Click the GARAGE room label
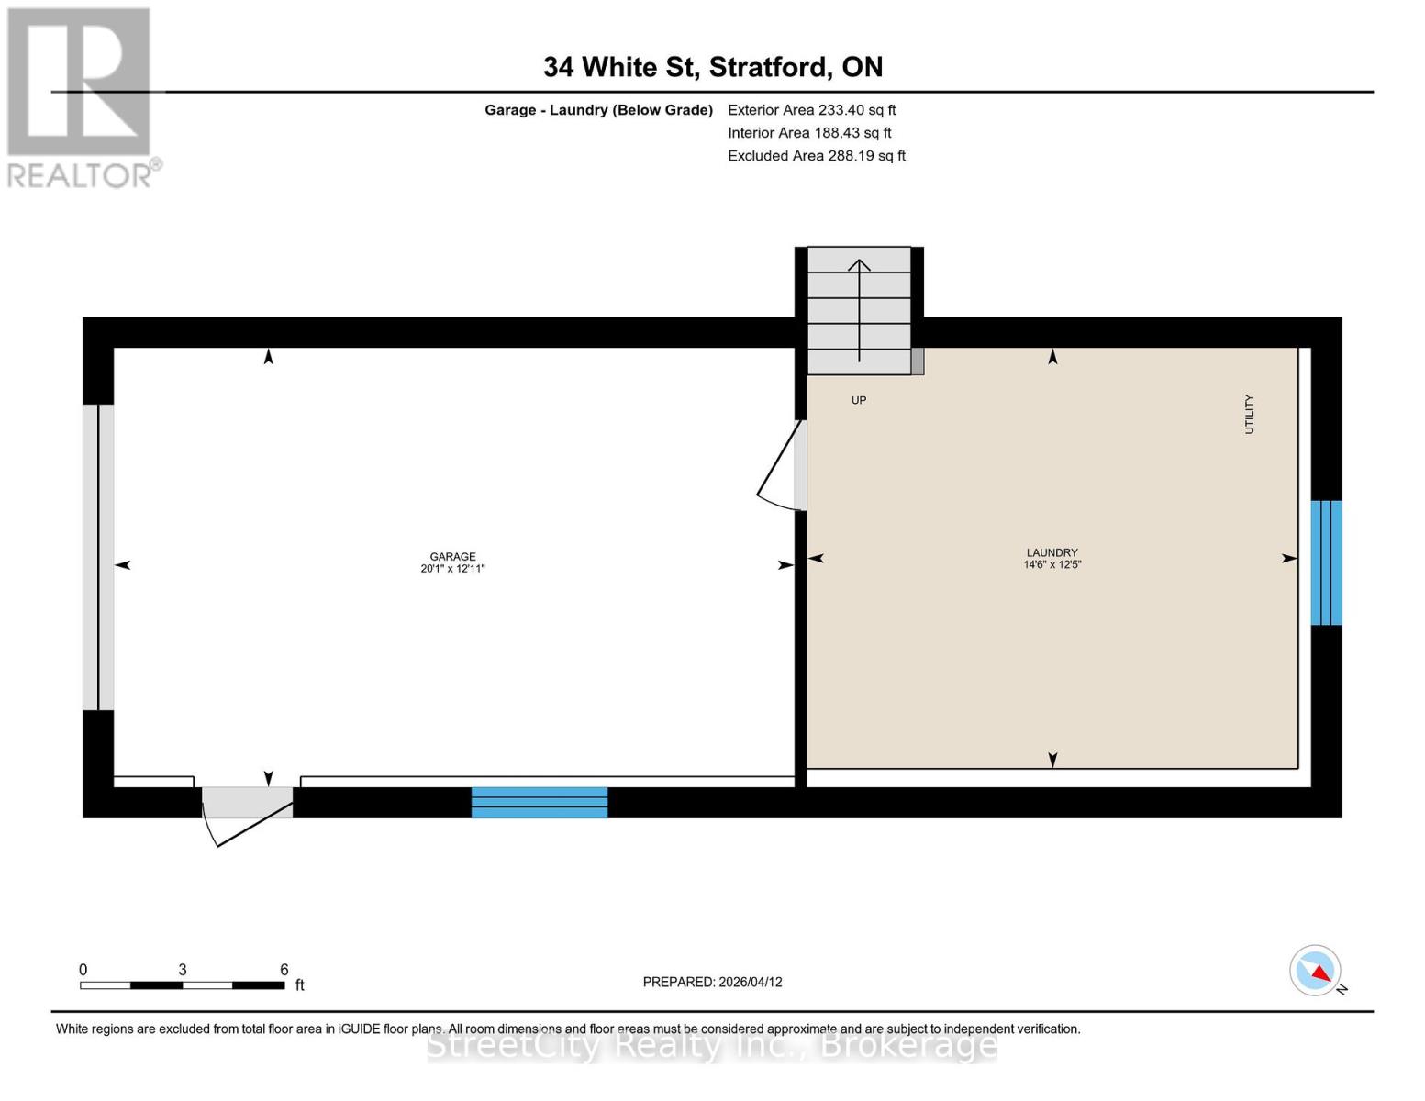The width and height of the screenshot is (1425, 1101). (452, 556)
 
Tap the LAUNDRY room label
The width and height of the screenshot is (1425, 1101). (1052, 552)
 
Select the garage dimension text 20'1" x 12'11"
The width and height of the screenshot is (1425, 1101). (452, 569)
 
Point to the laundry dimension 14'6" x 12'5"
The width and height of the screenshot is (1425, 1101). (1052, 565)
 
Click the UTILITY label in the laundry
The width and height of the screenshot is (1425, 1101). (1249, 414)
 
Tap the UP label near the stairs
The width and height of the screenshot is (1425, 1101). (858, 400)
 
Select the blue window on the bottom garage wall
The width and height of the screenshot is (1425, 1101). (540, 802)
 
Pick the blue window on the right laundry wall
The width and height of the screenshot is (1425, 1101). (1326, 562)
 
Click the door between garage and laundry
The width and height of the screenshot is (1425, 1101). (785, 466)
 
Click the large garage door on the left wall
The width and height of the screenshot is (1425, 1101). (98, 557)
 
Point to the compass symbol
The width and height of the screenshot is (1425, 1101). (1316, 971)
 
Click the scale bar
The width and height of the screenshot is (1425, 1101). (182, 984)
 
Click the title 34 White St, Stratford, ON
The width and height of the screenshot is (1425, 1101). (713, 67)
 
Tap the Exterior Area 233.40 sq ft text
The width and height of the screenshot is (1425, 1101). (811, 110)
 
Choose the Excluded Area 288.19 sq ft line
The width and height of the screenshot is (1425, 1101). (816, 156)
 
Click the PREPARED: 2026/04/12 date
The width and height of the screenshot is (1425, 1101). (712, 982)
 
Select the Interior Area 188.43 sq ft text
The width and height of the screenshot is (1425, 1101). (809, 133)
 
